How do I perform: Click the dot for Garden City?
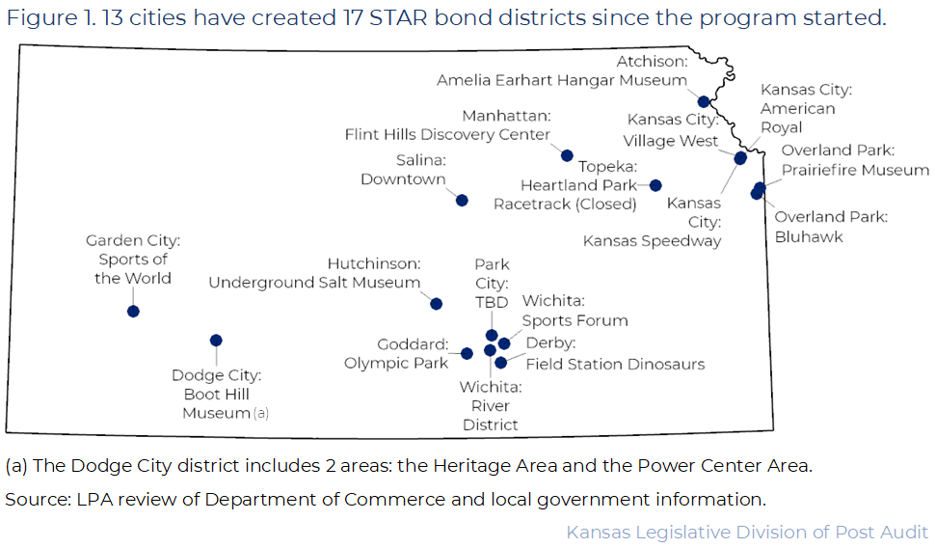click(133, 311)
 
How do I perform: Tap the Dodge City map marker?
click(216, 341)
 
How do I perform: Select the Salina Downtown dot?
click(462, 200)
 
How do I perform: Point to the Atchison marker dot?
click(704, 101)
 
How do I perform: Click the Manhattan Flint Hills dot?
click(567, 155)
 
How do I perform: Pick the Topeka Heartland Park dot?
click(655, 185)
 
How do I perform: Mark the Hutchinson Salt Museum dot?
click(436, 304)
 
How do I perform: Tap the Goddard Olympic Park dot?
click(467, 353)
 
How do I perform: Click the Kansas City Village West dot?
click(740, 158)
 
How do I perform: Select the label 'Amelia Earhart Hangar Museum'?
click(562, 80)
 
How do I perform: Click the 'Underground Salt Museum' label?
click(314, 283)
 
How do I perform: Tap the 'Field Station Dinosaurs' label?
click(615, 364)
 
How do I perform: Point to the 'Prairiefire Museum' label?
click(855, 170)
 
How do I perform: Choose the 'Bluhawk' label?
click(809, 237)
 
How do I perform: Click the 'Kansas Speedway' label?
click(652, 240)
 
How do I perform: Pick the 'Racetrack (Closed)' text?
click(565, 205)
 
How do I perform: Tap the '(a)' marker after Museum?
click(260, 413)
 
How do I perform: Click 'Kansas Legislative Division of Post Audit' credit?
click(747, 532)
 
